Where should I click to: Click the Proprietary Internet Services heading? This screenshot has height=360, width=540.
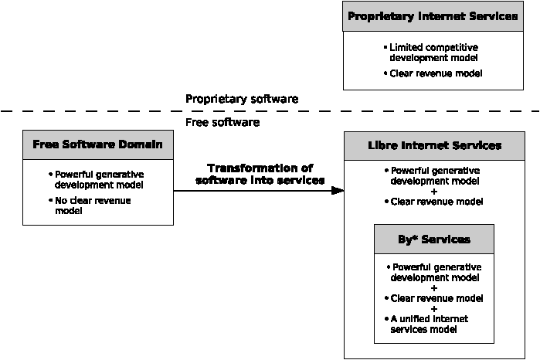pos(433,16)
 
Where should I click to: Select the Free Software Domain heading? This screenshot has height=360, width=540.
pos(97,144)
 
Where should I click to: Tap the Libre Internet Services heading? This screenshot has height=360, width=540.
pos(435,145)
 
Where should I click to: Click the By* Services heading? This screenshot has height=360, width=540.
pos(434,239)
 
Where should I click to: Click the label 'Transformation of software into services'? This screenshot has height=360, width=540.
pos(260,175)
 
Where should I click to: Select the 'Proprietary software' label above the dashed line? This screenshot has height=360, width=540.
pos(242,99)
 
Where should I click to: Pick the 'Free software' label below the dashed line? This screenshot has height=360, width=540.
pos(222,122)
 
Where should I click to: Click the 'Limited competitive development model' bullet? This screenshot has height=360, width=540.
pos(431,53)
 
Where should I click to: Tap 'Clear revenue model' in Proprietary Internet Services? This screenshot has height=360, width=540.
pos(433,73)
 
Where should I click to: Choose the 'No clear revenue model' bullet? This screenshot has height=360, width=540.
pos(90,205)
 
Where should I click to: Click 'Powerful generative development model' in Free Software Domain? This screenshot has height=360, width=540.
pos(97,179)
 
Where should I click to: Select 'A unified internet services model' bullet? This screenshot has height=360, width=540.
pos(426,324)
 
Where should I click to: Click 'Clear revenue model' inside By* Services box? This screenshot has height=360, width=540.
pos(434,298)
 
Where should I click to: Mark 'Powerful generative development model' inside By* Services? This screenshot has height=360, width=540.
pos(434,272)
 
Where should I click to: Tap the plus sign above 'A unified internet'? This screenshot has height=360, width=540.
pos(434,309)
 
